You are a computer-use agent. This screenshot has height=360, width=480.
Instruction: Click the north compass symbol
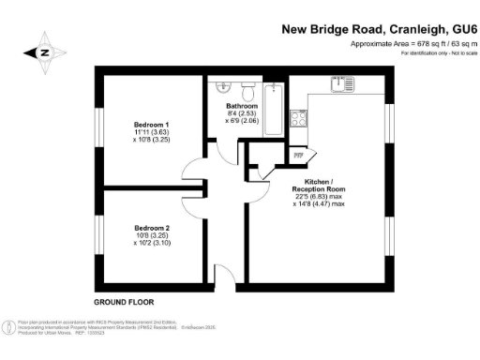[44, 53]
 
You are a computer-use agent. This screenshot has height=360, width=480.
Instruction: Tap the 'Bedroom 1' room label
[152, 125]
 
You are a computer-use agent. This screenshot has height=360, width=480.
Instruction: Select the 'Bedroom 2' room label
[152, 228]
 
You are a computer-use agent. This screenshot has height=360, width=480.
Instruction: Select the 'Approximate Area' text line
[413, 44]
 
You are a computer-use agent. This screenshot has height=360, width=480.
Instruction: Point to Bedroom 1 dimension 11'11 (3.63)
[152, 134]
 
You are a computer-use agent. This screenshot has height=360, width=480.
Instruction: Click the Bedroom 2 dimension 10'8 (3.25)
[152, 236]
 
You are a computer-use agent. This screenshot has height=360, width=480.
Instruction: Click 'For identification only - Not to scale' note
[438, 53]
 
